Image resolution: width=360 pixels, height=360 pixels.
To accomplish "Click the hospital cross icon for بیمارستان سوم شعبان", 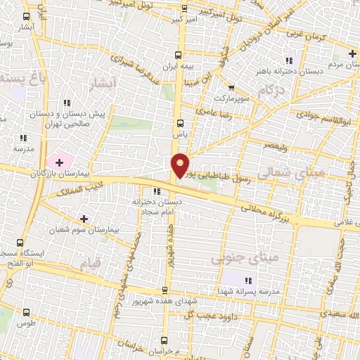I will pos(84,219).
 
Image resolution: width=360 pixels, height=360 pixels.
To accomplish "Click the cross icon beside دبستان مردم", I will pos(352,53).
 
